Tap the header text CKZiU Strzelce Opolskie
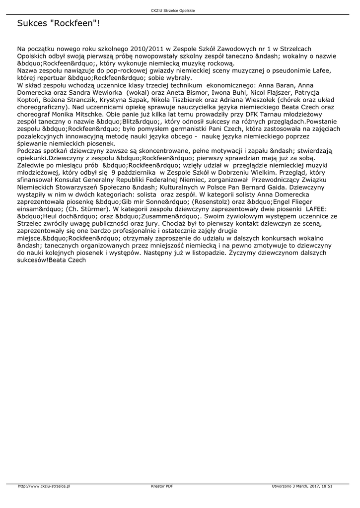point(180,10)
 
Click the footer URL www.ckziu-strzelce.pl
point(46,486)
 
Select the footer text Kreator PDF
point(162,486)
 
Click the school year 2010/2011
point(147,49)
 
